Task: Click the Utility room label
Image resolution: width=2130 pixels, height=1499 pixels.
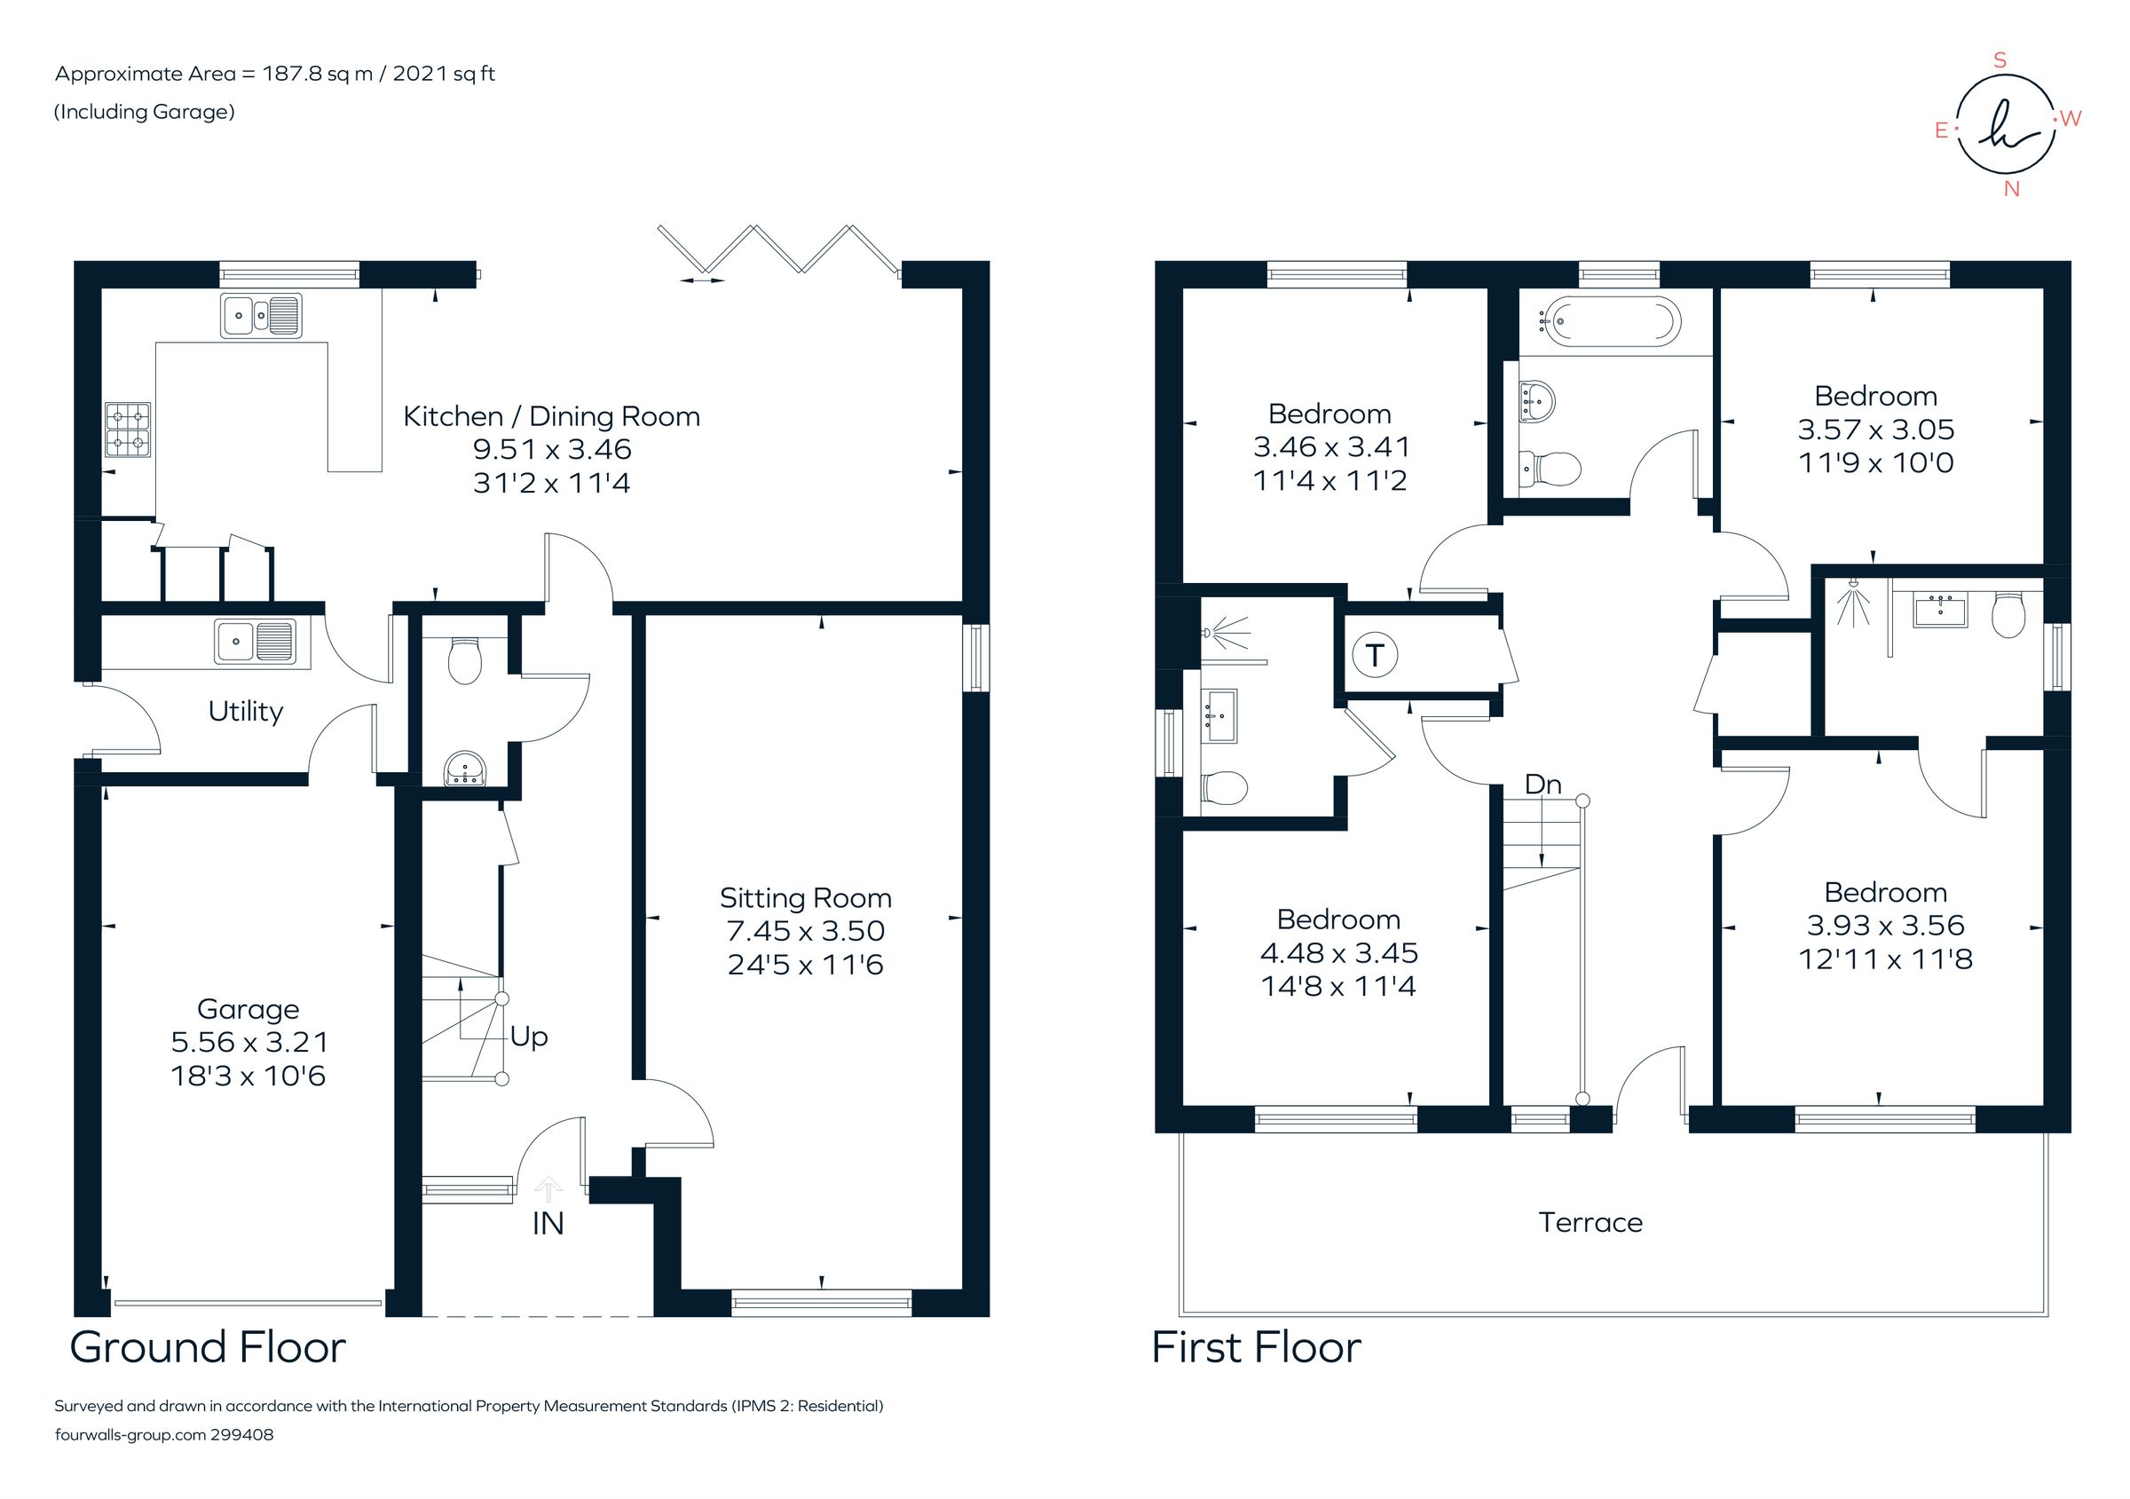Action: pos(245,712)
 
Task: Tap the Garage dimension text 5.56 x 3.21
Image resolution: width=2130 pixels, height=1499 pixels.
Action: pos(248,1042)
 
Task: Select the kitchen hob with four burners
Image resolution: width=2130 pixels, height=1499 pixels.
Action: pos(128,430)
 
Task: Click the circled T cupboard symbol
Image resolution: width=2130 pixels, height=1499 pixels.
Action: pos(1375,656)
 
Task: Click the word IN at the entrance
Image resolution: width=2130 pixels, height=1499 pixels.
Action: pos(548,1225)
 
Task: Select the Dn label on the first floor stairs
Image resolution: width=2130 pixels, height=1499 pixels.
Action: pos(1542,785)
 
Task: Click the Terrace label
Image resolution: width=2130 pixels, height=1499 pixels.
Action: pos(1590,1223)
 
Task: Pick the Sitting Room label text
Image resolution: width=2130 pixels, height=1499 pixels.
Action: pos(805,898)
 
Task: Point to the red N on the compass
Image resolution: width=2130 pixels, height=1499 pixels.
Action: pos(2011,189)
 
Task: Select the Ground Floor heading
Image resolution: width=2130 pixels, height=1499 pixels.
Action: pos(208,1347)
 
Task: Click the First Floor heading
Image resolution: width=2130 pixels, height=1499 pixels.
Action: pos(1256,1347)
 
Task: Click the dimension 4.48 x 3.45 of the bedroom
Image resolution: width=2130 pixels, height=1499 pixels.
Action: pos(1337,952)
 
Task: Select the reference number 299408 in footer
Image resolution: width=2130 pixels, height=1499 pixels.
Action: pos(242,1434)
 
